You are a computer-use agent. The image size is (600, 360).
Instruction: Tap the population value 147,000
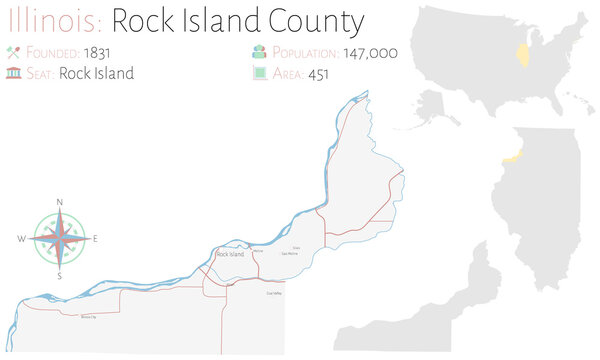coord(371,52)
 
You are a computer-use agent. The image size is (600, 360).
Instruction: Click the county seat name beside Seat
coord(96,73)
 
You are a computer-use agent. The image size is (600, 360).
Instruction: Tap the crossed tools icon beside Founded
coord(14,52)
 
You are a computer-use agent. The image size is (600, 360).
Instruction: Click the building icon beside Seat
coord(14,73)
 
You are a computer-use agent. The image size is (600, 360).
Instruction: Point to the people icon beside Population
coord(258,52)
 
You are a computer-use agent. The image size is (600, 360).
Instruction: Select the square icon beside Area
coord(258,73)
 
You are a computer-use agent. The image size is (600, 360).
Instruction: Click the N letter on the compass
coord(60,203)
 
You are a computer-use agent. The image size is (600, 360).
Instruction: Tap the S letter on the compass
coord(60,275)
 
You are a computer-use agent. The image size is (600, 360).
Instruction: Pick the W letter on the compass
coord(21,240)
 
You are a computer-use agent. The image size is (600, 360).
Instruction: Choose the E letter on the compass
coord(95,240)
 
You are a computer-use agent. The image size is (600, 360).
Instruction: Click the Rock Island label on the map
coord(230,255)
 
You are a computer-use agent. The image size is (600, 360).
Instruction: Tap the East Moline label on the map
coord(289,253)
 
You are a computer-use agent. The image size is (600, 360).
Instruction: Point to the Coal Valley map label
coord(274,293)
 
